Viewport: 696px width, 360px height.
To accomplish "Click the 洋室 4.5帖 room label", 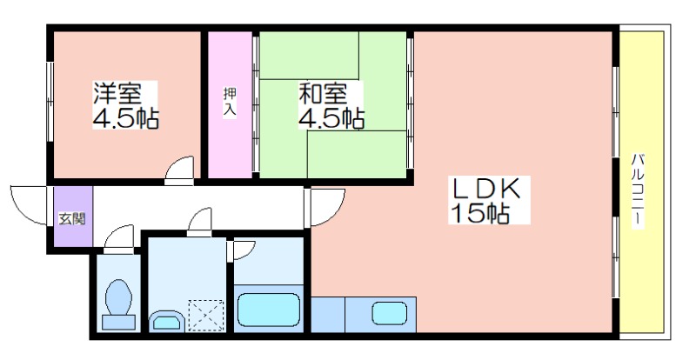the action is point(125,105).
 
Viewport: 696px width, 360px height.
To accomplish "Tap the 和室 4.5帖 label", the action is point(331,105).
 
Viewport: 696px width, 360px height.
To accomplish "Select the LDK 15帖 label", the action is point(489,200).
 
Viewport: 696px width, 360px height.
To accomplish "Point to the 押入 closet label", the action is point(230,102).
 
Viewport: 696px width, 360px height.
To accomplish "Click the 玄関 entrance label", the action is point(72,218).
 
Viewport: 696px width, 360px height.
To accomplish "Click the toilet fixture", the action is point(118,304).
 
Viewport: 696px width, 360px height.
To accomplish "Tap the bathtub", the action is point(267,310).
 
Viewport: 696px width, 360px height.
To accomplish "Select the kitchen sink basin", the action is point(389,313).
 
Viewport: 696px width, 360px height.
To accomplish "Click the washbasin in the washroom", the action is point(166,321).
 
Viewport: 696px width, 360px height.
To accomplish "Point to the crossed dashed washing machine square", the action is point(206,316).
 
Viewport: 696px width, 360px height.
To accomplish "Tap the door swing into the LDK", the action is point(328,207).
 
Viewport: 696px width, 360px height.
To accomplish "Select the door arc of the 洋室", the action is point(179,168).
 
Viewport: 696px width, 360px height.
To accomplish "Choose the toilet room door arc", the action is point(118,238).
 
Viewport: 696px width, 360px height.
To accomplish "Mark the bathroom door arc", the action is point(244,250).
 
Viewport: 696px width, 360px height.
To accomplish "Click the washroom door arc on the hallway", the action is point(199,220).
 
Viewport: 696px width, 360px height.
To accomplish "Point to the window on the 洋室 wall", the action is point(50,102).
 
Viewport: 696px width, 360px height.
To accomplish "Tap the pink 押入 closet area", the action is point(230,104).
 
